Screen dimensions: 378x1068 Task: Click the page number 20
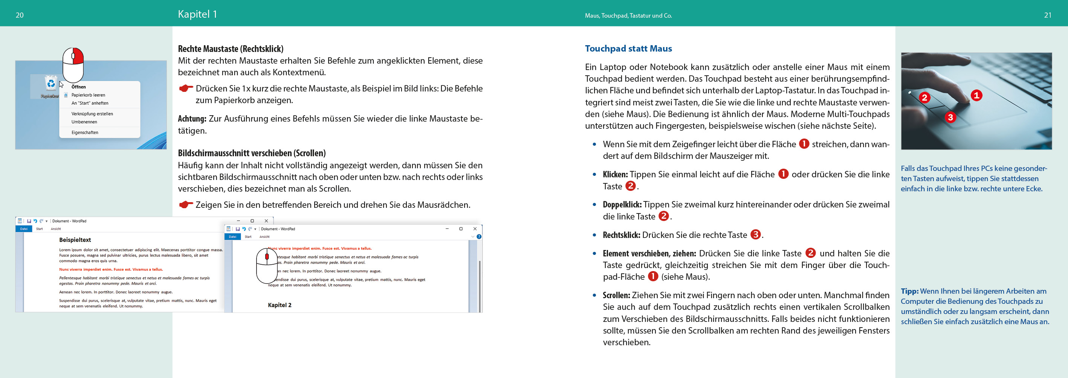coord(20,15)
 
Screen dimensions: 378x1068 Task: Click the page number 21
coord(1047,15)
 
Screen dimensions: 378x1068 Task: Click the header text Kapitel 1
coord(197,14)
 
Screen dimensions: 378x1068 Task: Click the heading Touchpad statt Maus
coord(628,49)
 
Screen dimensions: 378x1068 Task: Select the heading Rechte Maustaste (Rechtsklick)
coord(231,49)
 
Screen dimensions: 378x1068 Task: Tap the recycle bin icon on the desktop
coord(51,83)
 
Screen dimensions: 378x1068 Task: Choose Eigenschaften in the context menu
coord(85,133)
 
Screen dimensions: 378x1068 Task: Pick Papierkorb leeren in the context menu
coord(88,95)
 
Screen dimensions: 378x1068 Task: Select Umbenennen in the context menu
coord(84,122)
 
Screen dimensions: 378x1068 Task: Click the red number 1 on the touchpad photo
coord(976,95)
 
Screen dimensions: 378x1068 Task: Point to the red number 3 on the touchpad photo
coord(950,117)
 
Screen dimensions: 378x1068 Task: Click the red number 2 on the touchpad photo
coord(924,98)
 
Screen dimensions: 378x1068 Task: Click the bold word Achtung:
coord(192,119)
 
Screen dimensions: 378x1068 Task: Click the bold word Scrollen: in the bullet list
coord(616,296)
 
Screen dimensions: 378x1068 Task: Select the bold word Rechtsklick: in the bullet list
coord(621,235)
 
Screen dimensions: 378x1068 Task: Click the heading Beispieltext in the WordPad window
coord(75,240)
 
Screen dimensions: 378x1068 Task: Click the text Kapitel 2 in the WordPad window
coord(280,305)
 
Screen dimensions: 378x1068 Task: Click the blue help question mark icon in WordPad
coord(479,237)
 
